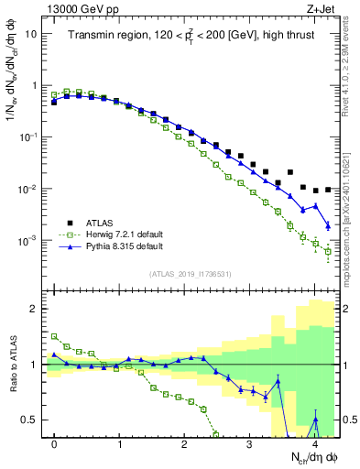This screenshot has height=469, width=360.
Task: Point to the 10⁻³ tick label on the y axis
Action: click(28, 241)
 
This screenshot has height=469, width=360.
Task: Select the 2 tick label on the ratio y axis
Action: click(34, 309)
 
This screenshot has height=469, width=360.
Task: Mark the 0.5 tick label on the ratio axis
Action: click(30, 420)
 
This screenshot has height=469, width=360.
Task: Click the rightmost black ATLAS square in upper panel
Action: click(328, 190)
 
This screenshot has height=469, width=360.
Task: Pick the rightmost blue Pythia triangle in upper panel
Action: click(328, 225)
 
